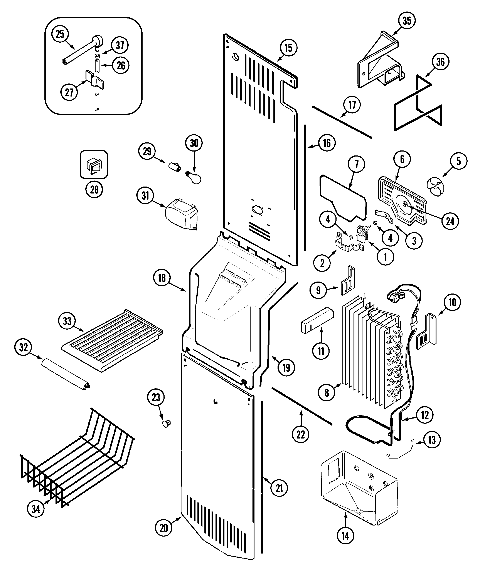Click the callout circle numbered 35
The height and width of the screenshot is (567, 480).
click(x=407, y=21)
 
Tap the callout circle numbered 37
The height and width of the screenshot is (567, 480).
click(x=120, y=45)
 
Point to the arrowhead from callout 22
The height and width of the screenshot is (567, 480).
click(x=301, y=412)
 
